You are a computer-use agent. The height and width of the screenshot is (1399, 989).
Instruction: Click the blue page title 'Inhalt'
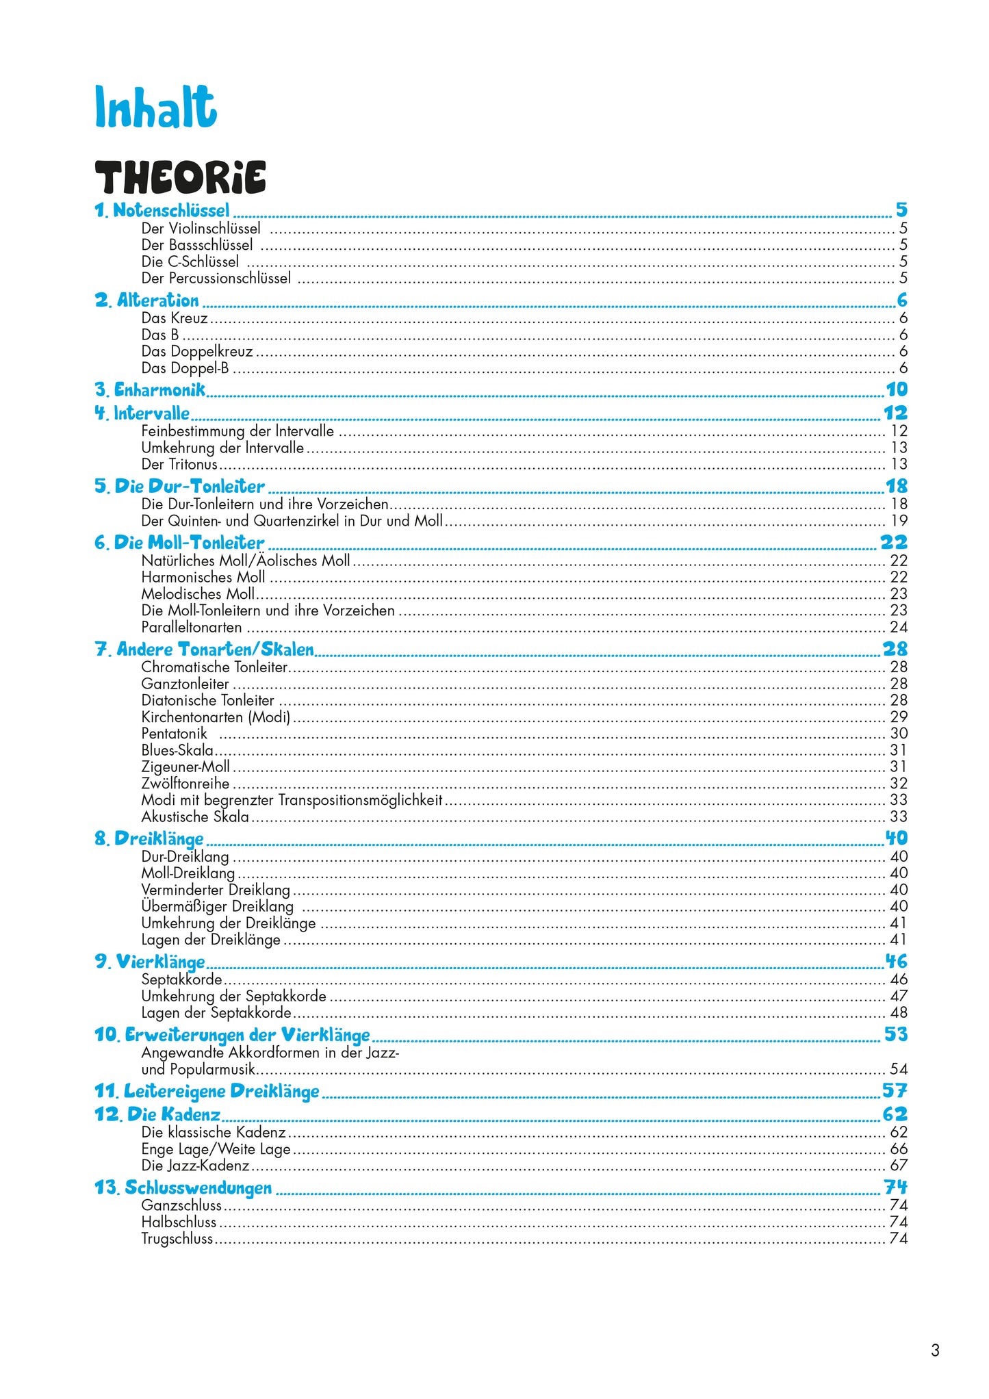155,107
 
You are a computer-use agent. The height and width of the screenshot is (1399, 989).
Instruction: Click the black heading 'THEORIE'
180,178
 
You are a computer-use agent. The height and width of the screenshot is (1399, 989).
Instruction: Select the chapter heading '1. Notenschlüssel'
162,210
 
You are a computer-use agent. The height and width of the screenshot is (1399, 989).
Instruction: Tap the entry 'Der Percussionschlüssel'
216,278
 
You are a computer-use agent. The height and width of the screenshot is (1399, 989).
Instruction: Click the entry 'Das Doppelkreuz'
197,351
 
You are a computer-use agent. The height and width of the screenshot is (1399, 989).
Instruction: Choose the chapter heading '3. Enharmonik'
150,390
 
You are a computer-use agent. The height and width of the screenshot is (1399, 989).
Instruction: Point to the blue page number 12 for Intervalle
895,413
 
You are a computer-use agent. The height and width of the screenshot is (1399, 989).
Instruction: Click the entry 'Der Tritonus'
179,464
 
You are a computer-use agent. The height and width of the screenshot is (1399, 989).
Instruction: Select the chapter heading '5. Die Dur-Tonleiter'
179,487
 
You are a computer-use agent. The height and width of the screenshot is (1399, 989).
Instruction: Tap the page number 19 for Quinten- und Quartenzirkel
899,520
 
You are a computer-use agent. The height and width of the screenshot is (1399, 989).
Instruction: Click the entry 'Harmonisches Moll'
203,577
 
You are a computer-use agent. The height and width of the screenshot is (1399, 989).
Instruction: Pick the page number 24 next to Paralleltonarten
899,627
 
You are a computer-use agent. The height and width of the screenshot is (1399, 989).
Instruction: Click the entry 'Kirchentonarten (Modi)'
216,717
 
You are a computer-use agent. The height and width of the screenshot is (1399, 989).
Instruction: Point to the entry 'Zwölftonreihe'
185,783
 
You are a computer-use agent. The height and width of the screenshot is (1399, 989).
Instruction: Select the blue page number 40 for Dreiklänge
896,838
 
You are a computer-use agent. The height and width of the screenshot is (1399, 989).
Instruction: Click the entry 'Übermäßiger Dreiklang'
217,906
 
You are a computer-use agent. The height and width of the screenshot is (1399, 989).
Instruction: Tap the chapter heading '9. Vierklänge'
150,962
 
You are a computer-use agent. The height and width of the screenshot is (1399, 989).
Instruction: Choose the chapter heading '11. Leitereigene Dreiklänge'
207,1091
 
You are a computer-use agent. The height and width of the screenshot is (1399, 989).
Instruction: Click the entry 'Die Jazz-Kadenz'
195,1165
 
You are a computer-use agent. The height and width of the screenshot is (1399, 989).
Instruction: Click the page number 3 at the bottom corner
935,1350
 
